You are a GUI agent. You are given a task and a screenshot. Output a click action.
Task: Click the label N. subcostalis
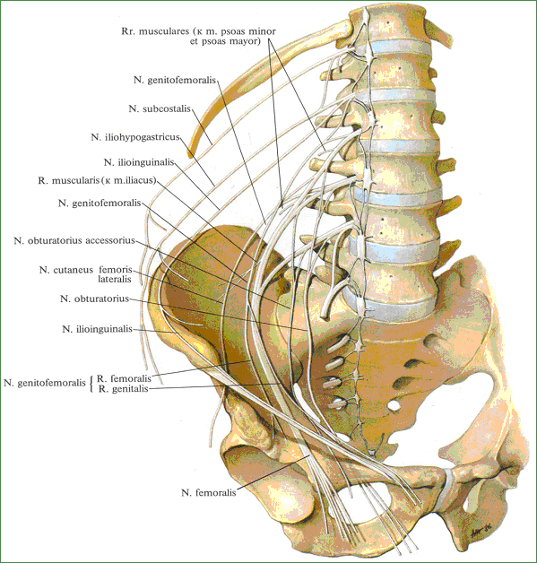coord(160,108)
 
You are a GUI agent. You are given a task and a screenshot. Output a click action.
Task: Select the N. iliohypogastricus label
coord(135,137)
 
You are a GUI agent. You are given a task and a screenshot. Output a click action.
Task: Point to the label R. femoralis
coord(124,378)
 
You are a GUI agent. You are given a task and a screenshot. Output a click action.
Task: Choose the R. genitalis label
coord(123,389)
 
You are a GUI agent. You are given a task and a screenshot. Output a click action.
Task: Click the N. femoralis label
coord(209,493)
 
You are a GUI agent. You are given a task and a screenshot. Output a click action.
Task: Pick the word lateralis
coord(115,279)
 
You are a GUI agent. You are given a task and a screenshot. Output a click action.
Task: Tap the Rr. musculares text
coord(155,31)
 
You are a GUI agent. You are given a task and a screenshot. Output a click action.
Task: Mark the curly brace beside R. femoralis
coord(92,384)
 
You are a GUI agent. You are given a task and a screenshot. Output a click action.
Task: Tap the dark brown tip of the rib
coord(190,154)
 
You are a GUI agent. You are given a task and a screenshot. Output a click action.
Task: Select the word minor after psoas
coord(264,31)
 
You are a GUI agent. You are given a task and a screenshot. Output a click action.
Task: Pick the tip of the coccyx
coord(373,452)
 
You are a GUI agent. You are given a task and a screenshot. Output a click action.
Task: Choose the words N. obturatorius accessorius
coord(74,240)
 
